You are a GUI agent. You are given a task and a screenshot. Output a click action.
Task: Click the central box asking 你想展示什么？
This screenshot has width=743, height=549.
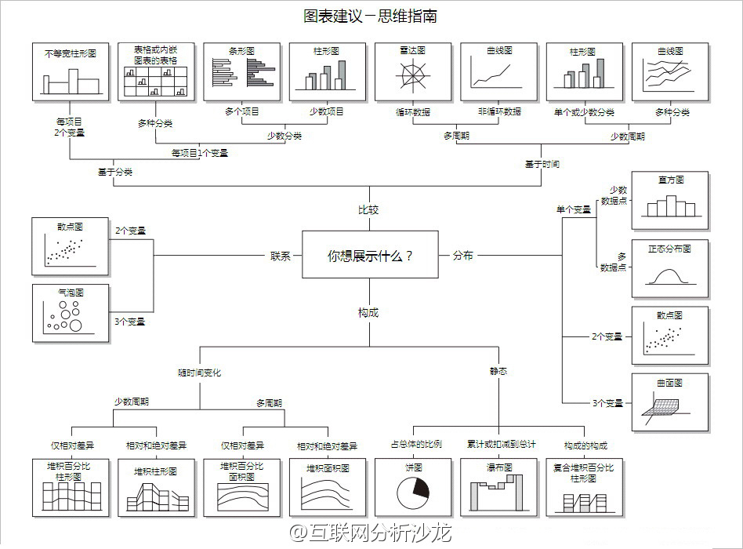tap(370, 255)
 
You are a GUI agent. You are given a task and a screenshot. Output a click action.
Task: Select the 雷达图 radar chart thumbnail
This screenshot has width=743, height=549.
tap(412, 72)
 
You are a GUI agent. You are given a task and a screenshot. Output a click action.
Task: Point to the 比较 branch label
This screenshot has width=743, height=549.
tap(368, 209)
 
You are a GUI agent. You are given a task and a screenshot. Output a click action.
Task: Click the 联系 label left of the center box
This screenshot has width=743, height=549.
tap(281, 255)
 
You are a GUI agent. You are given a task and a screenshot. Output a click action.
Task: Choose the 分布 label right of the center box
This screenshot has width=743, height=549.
tap(463, 255)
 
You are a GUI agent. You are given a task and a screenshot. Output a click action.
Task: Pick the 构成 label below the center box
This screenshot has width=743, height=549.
tap(368, 312)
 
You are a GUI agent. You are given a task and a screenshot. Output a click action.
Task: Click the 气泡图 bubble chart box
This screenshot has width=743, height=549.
tap(71, 313)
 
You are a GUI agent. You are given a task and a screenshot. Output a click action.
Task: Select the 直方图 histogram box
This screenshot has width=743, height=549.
tap(670, 199)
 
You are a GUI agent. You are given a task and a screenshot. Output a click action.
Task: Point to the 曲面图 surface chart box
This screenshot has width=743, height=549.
tap(670, 402)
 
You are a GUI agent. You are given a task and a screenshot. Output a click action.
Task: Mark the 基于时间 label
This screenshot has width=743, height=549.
tap(542, 165)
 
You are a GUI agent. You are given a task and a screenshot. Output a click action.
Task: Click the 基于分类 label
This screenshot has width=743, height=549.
tap(115, 172)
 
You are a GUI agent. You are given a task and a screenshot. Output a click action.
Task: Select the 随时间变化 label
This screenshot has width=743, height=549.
tap(199, 373)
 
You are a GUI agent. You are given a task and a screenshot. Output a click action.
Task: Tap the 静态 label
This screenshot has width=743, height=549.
tap(498, 370)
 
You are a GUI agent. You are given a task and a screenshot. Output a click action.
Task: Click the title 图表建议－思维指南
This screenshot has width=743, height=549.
tap(371, 16)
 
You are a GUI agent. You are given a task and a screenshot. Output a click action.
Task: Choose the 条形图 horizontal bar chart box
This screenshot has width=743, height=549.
tap(242, 71)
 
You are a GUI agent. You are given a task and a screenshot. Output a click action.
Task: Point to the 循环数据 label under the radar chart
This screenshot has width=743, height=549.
tap(412, 112)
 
